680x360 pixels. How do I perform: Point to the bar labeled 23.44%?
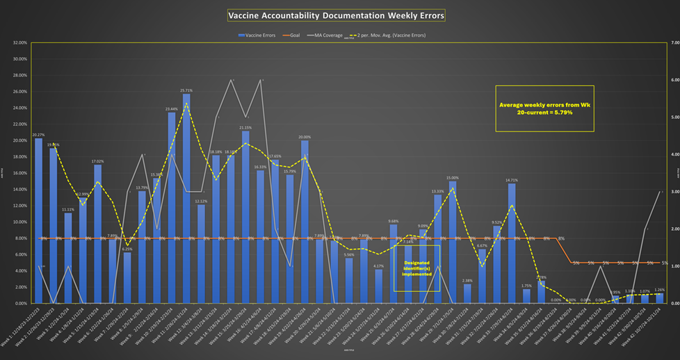click(x=172, y=208)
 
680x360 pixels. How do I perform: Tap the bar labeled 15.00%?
click(x=453, y=243)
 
